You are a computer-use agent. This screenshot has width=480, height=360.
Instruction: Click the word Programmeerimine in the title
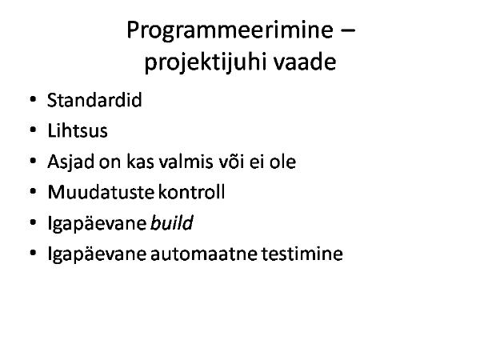(230, 31)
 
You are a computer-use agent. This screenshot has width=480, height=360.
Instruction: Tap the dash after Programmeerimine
(347, 30)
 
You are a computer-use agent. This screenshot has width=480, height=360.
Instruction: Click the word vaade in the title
(305, 62)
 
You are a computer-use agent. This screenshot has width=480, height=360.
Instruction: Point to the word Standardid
(94, 100)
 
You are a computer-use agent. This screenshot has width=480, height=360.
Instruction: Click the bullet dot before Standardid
(33, 99)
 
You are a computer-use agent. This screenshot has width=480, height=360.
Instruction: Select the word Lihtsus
(78, 130)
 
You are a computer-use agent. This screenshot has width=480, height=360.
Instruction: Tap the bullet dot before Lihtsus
(33, 130)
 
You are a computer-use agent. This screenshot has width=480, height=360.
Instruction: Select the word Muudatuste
(101, 192)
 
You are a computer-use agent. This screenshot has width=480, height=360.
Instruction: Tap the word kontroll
(192, 192)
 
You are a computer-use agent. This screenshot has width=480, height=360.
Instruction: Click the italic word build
(172, 222)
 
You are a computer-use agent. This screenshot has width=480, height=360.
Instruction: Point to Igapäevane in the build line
(97, 224)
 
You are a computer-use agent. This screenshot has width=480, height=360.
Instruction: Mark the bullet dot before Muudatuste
(33, 192)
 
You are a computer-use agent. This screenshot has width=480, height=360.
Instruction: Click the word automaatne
(203, 254)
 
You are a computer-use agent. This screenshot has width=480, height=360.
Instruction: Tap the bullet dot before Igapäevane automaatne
(33, 253)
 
